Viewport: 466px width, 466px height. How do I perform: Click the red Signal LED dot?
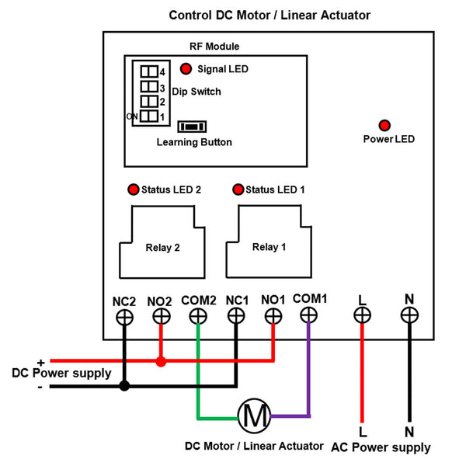click(186, 68)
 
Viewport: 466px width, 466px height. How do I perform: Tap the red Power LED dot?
click(384, 125)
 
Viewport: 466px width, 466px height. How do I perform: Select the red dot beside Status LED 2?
click(133, 190)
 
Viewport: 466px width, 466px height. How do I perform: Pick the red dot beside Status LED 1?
click(238, 190)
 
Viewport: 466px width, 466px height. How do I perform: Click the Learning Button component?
click(192, 127)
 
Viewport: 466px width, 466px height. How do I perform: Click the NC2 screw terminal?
click(124, 316)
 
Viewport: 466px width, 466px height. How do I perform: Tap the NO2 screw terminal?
click(161, 316)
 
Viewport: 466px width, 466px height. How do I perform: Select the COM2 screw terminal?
click(198, 316)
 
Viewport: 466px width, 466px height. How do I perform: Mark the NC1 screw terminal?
click(236, 316)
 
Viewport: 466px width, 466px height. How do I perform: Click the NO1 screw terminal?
click(273, 316)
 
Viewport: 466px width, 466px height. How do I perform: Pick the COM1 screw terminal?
click(309, 315)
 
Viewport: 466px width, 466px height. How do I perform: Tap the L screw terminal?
click(362, 315)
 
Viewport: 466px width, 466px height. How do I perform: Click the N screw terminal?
click(409, 315)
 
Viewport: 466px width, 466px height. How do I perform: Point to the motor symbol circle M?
click(253, 417)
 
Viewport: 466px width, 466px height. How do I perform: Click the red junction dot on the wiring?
click(161, 362)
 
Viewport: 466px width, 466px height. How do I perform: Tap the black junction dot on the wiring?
click(124, 385)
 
